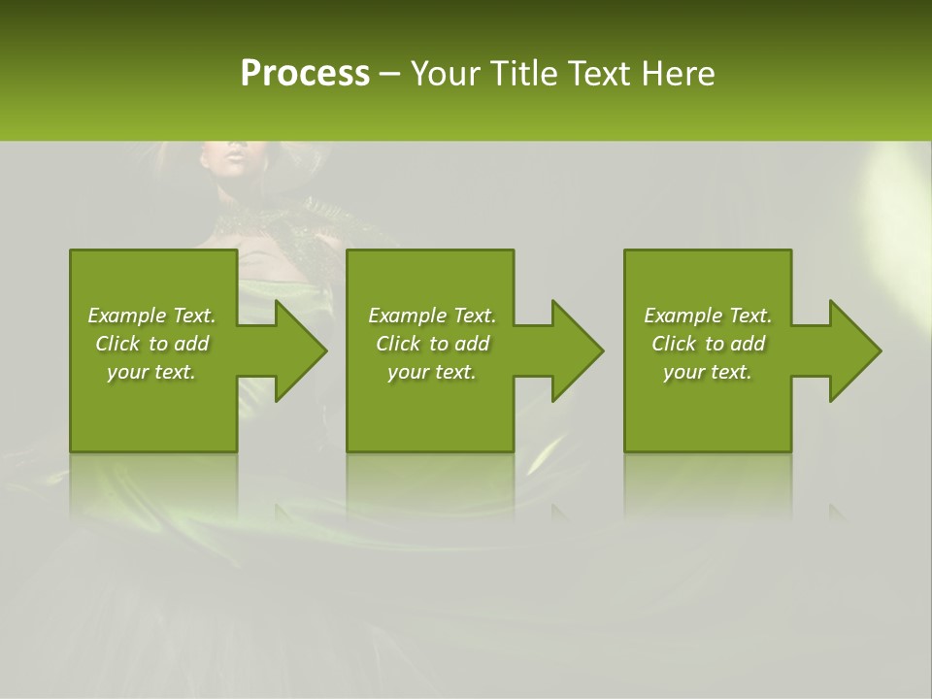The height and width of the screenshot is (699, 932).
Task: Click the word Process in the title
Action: pyautogui.click(x=305, y=74)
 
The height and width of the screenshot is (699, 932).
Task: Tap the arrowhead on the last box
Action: pyautogui.click(x=853, y=350)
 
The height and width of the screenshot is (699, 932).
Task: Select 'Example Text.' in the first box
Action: pyautogui.click(x=151, y=316)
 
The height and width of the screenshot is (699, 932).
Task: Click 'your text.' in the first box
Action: pyautogui.click(x=151, y=372)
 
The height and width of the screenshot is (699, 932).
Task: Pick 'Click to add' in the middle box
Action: pyautogui.click(x=432, y=344)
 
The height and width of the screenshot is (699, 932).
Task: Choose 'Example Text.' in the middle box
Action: pyautogui.click(x=432, y=316)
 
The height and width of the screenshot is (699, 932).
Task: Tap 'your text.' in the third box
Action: pyautogui.click(x=708, y=372)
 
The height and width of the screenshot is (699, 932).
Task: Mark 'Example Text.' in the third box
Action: pyautogui.click(x=708, y=316)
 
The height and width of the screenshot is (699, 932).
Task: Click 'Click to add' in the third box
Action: pyautogui.click(x=708, y=344)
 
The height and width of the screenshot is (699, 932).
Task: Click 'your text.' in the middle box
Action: pyautogui.click(x=432, y=372)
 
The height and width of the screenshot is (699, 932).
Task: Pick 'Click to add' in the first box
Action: pyautogui.click(x=151, y=344)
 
